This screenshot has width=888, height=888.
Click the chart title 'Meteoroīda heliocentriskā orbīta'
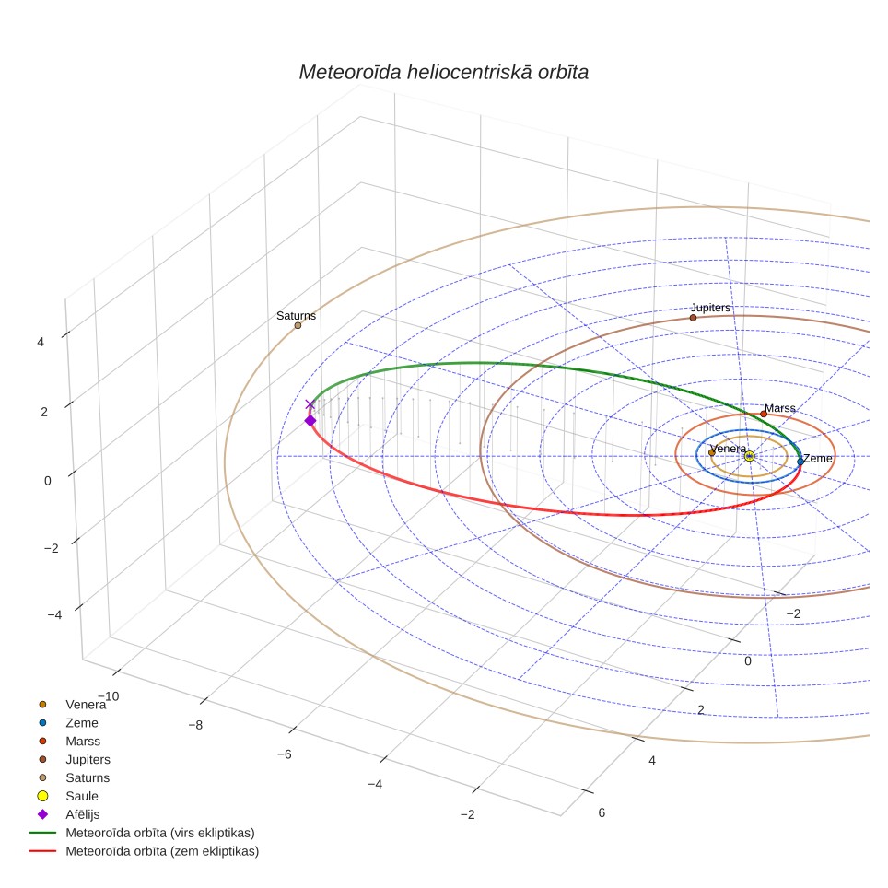(443, 72)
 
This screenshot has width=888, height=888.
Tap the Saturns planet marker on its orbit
(298, 325)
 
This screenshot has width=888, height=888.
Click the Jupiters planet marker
(694, 318)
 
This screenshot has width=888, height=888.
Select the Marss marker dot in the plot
(764, 414)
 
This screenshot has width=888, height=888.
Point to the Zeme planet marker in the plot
(800, 462)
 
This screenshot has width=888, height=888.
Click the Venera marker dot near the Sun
(712, 452)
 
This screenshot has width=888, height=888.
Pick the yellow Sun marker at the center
(749, 456)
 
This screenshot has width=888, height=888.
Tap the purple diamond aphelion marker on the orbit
(310, 420)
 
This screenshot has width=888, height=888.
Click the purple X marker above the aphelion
(310, 404)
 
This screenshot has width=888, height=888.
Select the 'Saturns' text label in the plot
(297, 315)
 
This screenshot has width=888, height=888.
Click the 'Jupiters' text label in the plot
(711, 308)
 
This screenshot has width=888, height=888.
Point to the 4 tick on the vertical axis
(41, 342)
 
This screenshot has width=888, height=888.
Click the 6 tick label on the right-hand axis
(602, 812)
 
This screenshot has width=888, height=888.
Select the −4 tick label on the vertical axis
(54, 614)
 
